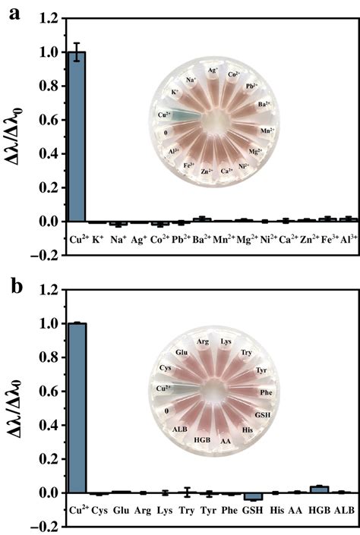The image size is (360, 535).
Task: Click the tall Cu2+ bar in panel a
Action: click(x=77, y=137)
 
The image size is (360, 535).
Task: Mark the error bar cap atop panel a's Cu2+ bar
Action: click(x=77, y=43)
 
